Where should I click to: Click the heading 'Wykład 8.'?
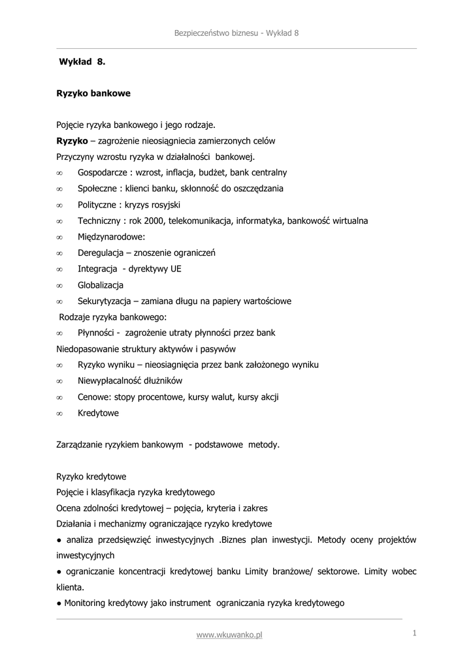click(x=82, y=62)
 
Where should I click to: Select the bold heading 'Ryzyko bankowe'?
click(x=93, y=93)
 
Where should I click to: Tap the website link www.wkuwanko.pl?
click(x=229, y=635)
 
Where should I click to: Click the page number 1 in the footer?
click(x=414, y=633)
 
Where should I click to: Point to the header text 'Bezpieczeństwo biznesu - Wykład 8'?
click(x=236, y=33)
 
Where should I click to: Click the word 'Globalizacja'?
click(x=101, y=285)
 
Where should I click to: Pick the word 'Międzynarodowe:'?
click(x=111, y=237)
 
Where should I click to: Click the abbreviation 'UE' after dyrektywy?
click(x=176, y=269)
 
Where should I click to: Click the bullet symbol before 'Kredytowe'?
click(x=59, y=414)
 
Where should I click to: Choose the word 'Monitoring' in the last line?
click(x=88, y=603)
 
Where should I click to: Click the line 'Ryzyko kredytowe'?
click(x=91, y=477)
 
